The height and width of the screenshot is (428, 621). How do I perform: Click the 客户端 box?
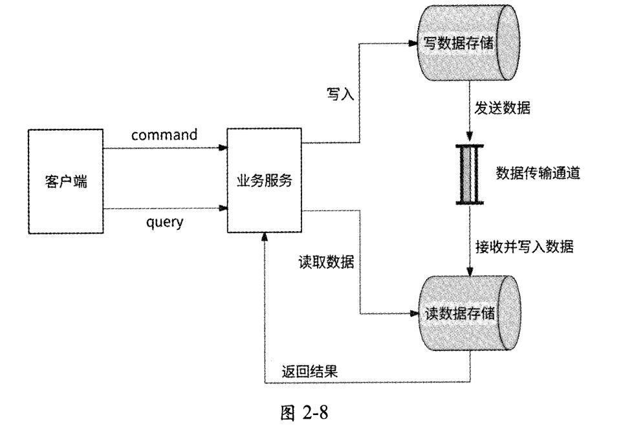click(x=65, y=181)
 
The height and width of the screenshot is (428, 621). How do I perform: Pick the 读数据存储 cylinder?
click(x=463, y=313)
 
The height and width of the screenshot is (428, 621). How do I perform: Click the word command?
click(x=164, y=135)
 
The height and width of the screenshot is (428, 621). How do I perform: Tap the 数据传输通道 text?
click(x=538, y=173)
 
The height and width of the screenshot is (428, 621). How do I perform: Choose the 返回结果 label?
click(x=310, y=372)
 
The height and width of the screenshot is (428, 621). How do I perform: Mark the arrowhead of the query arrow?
click(x=223, y=208)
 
